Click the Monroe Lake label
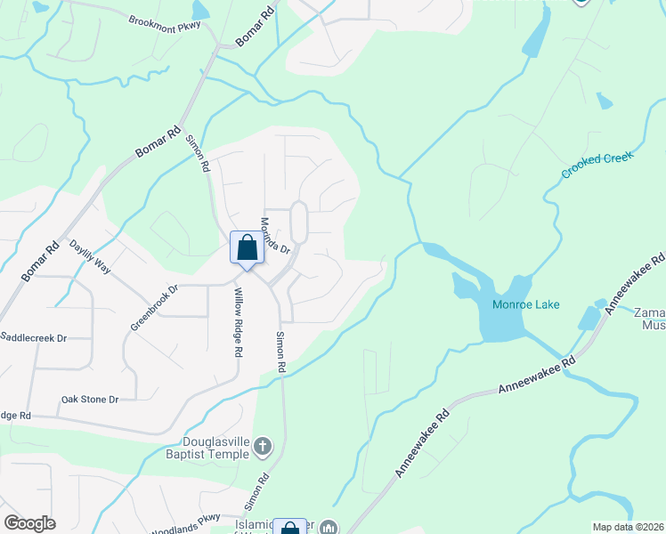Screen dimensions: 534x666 click(x=526, y=304)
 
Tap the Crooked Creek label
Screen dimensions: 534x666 click(x=597, y=165)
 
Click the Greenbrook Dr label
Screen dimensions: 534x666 click(x=154, y=307)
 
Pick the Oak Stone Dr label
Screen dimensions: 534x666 click(x=89, y=400)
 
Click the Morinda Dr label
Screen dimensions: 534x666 click(x=275, y=236)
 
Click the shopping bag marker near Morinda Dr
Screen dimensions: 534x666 click(x=247, y=248)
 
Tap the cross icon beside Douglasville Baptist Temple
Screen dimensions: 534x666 click(x=262, y=445)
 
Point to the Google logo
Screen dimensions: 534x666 click(x=29, y=523)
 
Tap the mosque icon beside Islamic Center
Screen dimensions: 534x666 click(x=329, y=528)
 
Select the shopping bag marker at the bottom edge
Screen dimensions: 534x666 click(x=289, y=527)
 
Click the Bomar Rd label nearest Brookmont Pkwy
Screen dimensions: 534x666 click(x=256, y=29)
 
